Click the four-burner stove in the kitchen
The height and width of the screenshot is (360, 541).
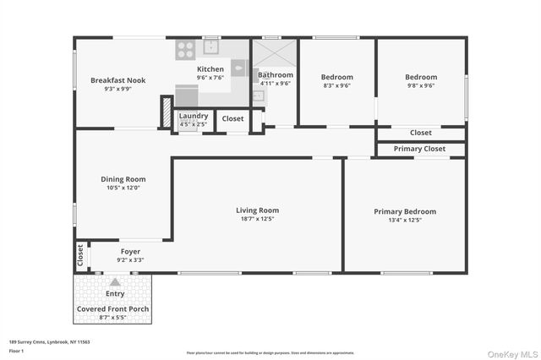point(185,51)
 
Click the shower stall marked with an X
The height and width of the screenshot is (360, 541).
point(274,54)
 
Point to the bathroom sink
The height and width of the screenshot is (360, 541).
point(258,95)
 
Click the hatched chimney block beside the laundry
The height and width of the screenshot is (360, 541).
point(167,113)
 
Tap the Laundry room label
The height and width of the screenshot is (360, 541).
point(194,115)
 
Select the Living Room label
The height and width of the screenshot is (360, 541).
point(257,210)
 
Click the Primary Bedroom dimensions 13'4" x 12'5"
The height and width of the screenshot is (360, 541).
point(405,220)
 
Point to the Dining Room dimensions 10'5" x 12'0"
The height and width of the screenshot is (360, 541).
point(123,188)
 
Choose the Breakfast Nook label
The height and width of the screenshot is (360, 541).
point(117,80)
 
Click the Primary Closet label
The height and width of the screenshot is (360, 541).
point(420,149)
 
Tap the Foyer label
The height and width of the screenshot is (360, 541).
point(130,251)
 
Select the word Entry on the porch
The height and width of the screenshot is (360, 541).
point(114,294)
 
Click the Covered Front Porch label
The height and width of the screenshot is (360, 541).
point(114,308)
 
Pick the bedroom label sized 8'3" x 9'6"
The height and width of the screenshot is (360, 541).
point(336,77)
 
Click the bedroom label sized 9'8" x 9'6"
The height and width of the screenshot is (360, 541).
point(421,77)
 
